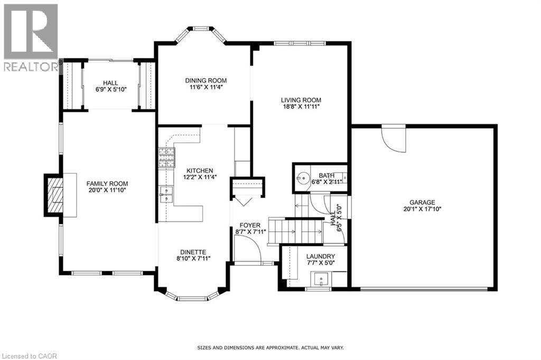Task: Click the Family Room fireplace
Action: tap(55, 195)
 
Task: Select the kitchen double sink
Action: tap(166, 194)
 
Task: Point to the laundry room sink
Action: tap(320, 278)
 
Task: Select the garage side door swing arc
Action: tap(394, 138)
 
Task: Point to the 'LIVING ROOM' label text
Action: tap(301, 100)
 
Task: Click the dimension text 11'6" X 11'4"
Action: tap(206, 88)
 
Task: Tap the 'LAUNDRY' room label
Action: tap(321, 256)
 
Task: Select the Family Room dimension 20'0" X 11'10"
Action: tap(107, 191)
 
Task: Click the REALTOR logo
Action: tap(31, 37)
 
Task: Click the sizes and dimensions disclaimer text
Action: tap(270, 348)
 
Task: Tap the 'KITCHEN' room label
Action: tap(199, 170)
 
